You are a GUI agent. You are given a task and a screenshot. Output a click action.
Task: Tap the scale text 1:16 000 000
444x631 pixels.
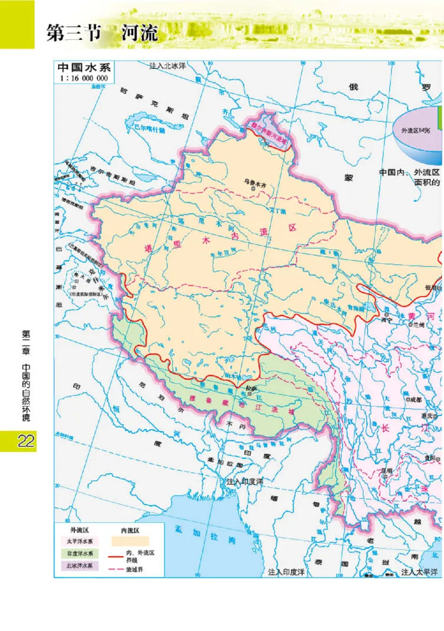coord(84,78)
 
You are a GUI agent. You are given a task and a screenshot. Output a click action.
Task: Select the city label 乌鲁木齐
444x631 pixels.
coord(256,181)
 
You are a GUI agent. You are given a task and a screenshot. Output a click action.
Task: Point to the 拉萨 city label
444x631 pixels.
coord(250,388)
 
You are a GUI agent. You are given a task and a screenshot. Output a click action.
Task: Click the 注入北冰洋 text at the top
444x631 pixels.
coord(167,65)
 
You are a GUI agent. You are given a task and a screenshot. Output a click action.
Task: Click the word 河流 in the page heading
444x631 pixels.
coord(139,34)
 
